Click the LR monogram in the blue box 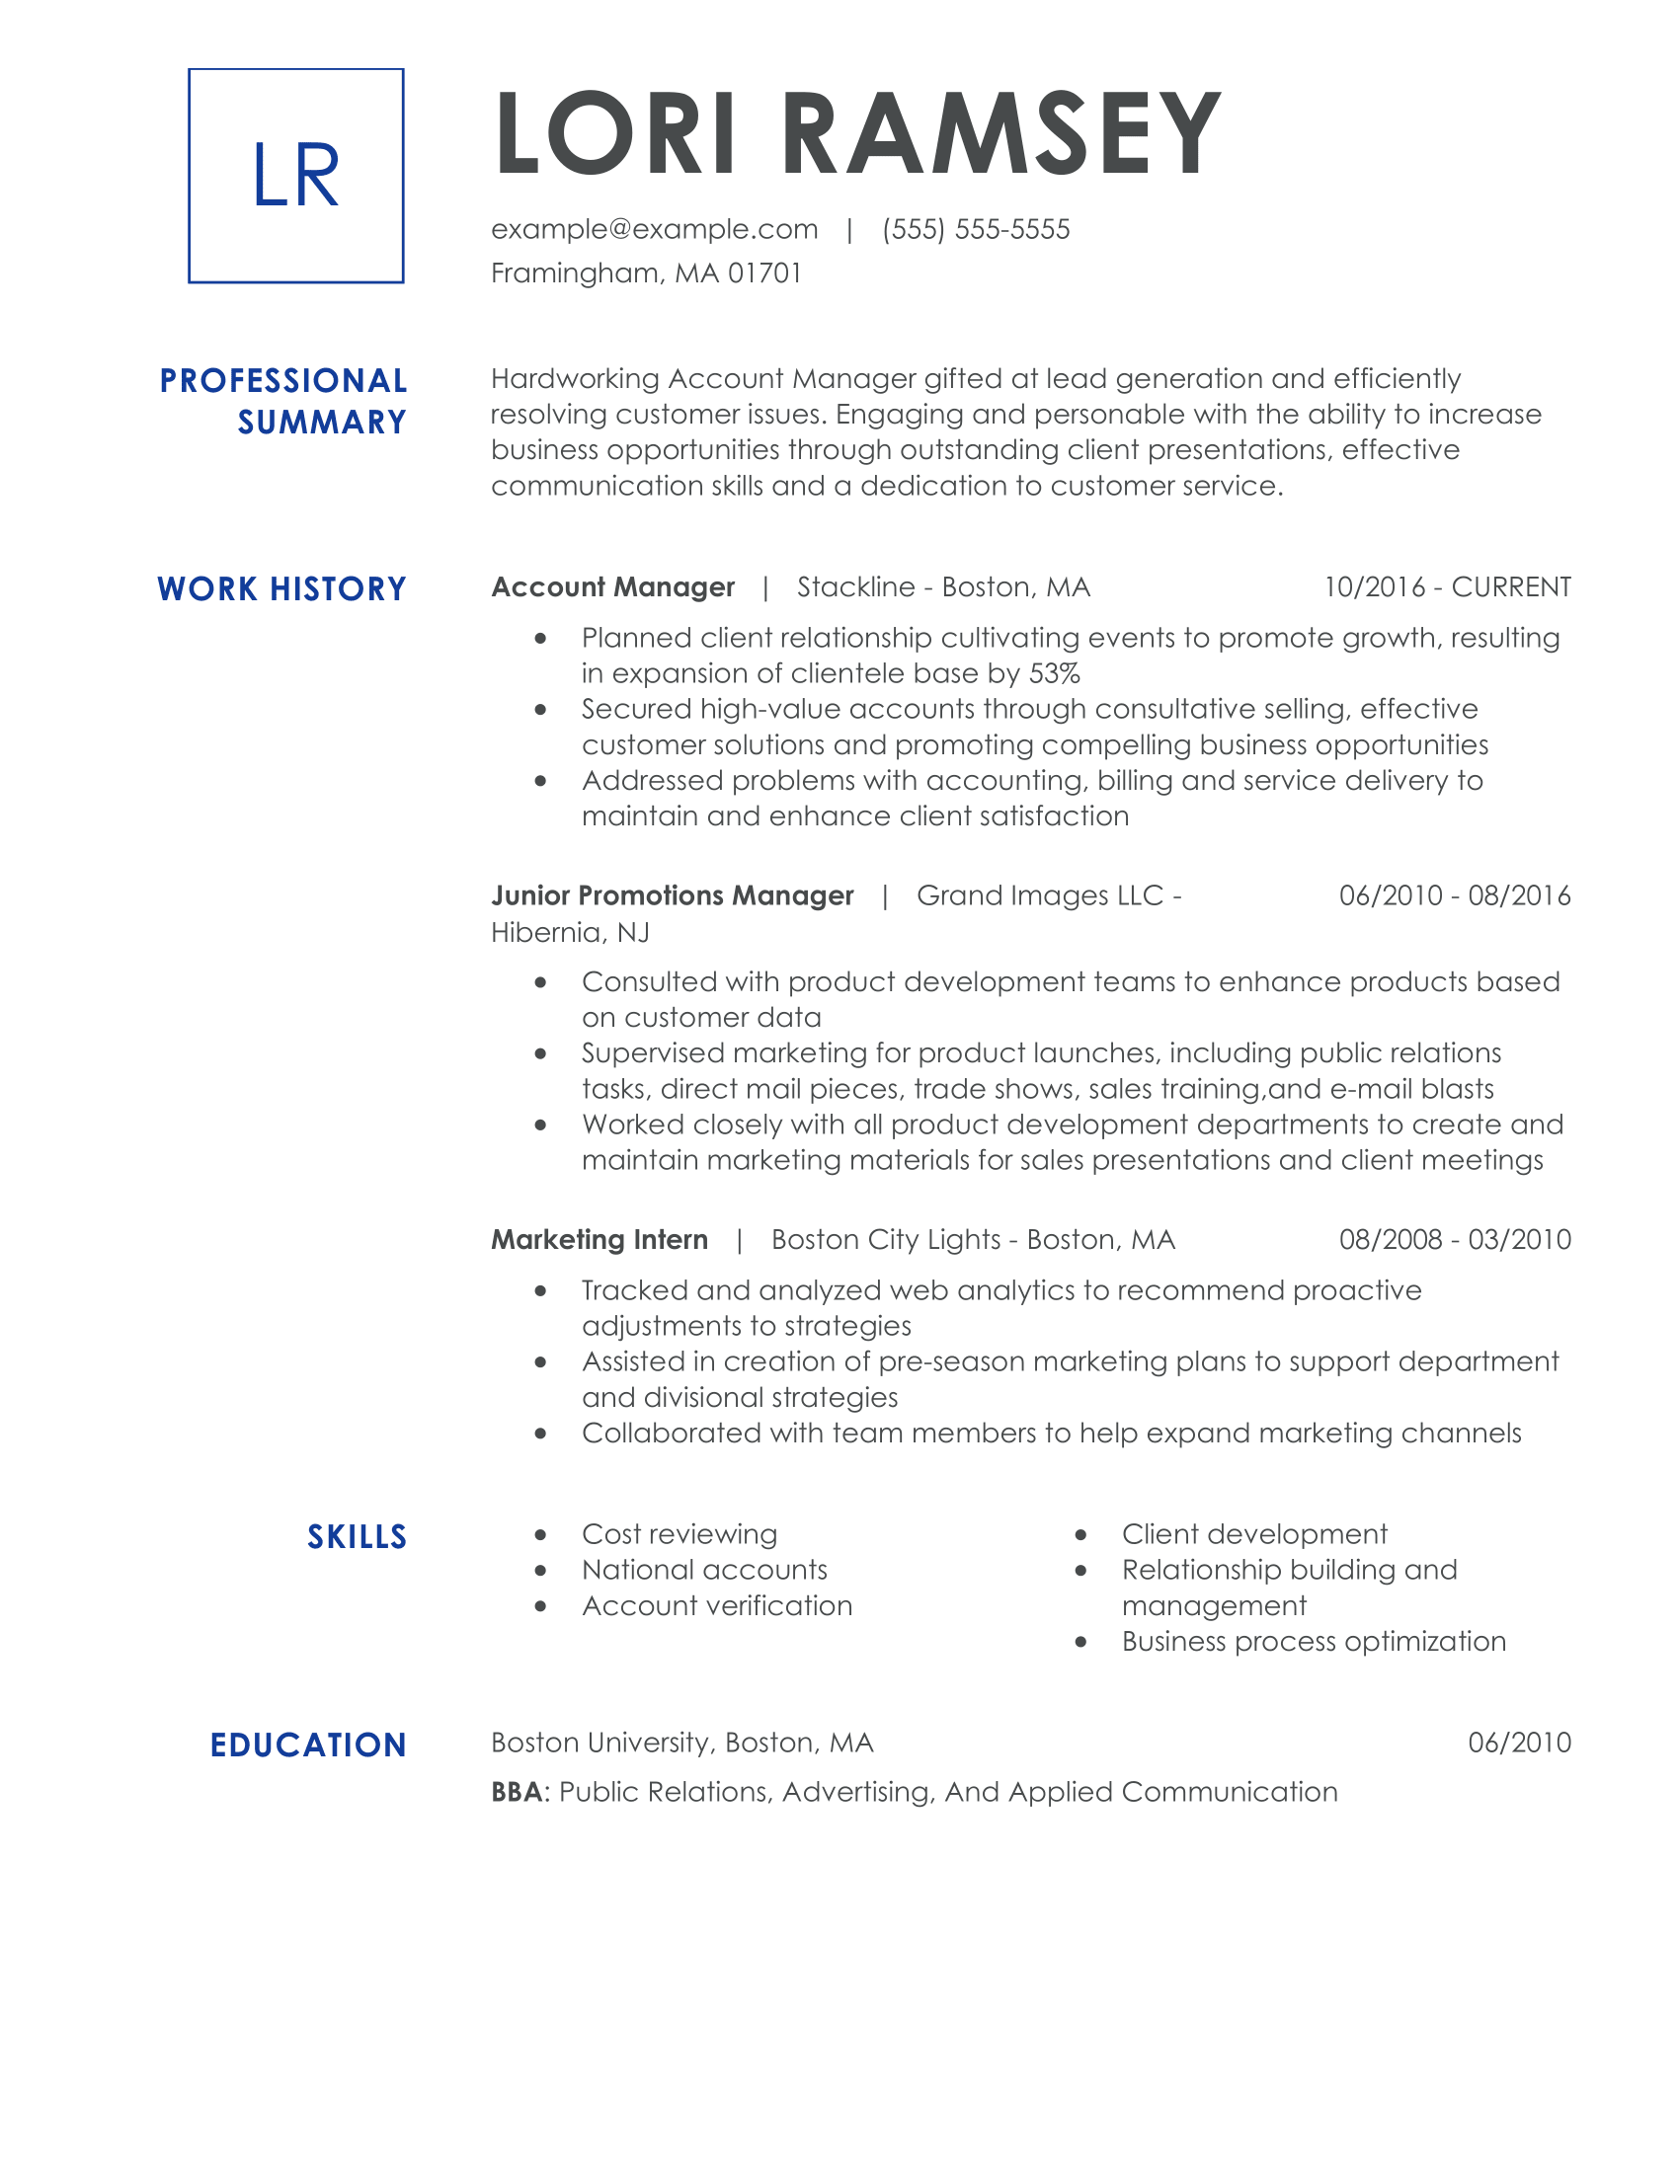coord(295,176)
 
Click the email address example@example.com coord(655,230)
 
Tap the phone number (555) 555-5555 coord(976,230)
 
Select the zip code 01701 coord(764,273)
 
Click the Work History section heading coord(282,588)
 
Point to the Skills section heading coord(358,1536)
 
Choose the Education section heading coord(308,1745)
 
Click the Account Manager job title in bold coord(612,587)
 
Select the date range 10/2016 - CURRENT coord(1447,587)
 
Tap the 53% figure coord(1055,673)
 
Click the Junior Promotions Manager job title coord(673,896)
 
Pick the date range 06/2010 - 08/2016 coord(1454,896)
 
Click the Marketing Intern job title coord(600,1240)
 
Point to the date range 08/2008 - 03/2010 coord(1454,1240)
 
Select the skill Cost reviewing coord(680,1534)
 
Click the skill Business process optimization coord(1314,1641)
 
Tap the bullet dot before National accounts coord(541,1572)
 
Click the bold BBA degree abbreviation coord(518,1792)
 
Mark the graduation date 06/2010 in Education coord(1519,1743)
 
